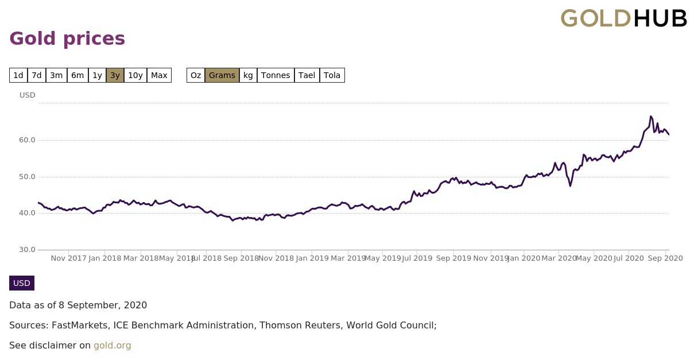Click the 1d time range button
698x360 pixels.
18,75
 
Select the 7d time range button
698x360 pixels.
37,75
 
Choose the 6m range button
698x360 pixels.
77,75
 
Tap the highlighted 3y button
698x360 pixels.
115,75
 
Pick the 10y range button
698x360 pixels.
135,75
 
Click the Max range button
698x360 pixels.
159,75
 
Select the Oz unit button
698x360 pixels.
196,75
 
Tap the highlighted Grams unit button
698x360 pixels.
222,75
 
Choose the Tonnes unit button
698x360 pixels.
276,75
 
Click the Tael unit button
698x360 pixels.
307,75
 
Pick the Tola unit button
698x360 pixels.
332,75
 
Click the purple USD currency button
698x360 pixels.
22,283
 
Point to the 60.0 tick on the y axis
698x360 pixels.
28,140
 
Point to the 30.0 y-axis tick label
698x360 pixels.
28,250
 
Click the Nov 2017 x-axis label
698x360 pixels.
68,258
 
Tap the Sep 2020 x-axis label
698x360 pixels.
665,258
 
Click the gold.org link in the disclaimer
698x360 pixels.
113,346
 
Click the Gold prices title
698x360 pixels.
67,38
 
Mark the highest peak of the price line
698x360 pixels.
650,117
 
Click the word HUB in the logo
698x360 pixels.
660,19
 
